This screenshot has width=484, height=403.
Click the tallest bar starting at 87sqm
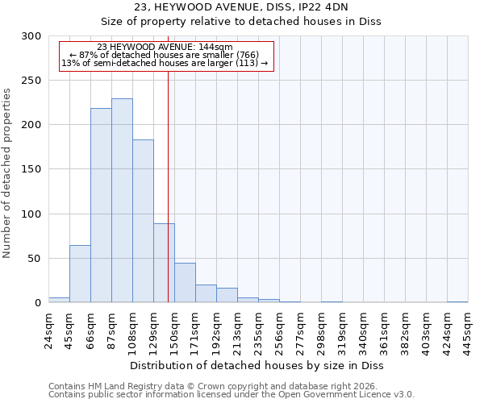tap(122, 201)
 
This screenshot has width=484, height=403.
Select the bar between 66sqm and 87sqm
tap(101, 206)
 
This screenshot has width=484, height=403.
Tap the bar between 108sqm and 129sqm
tap(143, 221)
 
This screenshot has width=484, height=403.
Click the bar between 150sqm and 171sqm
tap(185, 283)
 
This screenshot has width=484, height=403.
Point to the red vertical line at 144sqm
tap(168, 185)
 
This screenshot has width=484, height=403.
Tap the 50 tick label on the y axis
tap(33, 259)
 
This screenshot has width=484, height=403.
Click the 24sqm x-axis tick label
tap(49, 330)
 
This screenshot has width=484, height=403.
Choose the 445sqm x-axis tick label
tap(469, 330)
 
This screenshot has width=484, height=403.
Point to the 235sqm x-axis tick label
tap(259, 330)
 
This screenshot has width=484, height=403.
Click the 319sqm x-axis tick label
tap(343, 330)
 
